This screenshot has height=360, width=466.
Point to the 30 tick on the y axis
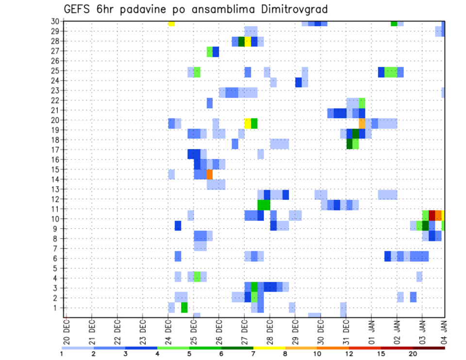click(x=57, y=21)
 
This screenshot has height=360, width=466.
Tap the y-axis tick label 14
click(x=57, y=179)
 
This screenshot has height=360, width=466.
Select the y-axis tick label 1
click(x=59, y=308)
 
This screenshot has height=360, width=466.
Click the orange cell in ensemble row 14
click(x=210, y=174)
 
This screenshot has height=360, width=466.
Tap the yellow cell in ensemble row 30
click(x=171, y=23)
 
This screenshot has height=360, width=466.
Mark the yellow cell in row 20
click(x=248, y=123)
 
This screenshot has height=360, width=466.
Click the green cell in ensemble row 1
click(x=184, y=308)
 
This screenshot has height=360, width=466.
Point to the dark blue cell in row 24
click(x=299, y=82)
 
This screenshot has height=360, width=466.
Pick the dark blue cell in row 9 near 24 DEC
click(x=178, y=226)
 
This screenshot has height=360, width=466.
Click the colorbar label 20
click(x=413, y=354)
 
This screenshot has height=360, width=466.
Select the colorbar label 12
click(x=349, y=354)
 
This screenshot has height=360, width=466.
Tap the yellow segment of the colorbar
click(x=269, y=348)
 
